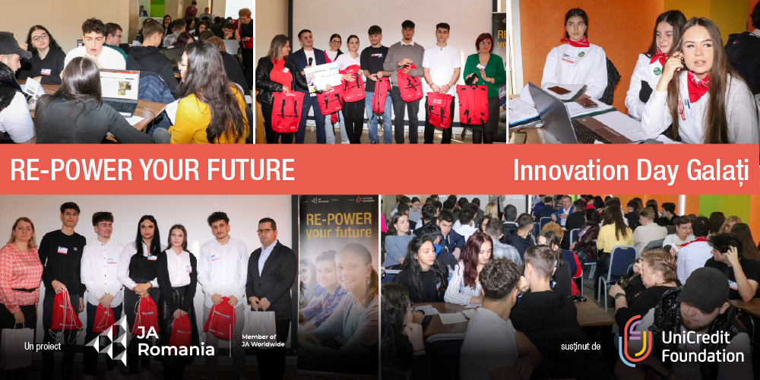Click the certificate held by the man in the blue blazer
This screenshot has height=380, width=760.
pyautogui.click(x=322, y=77)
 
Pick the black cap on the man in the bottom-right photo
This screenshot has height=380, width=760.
pyautogui.click(x=704, y=288)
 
